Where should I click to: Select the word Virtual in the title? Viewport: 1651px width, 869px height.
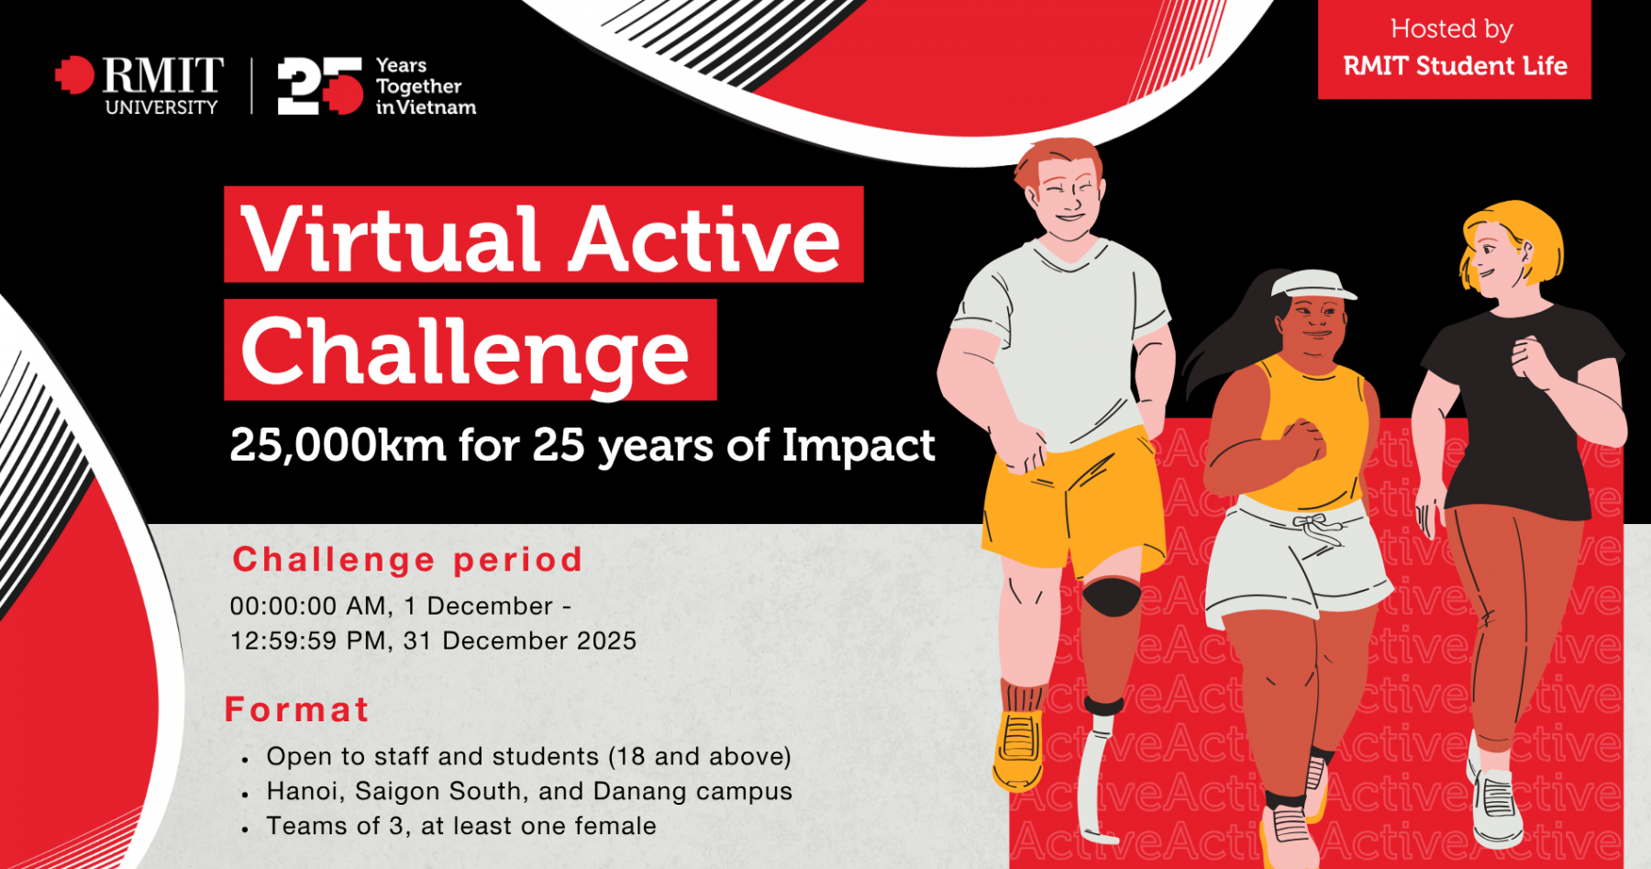(390, 239)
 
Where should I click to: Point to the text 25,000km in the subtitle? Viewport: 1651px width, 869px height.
(338, 447)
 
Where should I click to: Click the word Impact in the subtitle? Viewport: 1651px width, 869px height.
(858, 447)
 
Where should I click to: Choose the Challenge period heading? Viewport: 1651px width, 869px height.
(407, 560)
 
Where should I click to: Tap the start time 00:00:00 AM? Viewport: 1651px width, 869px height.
(308, 607)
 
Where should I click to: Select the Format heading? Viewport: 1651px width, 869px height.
(297, 709)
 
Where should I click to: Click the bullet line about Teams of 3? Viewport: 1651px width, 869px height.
(460, 826)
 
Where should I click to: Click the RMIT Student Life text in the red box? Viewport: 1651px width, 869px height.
(1455, 66)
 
